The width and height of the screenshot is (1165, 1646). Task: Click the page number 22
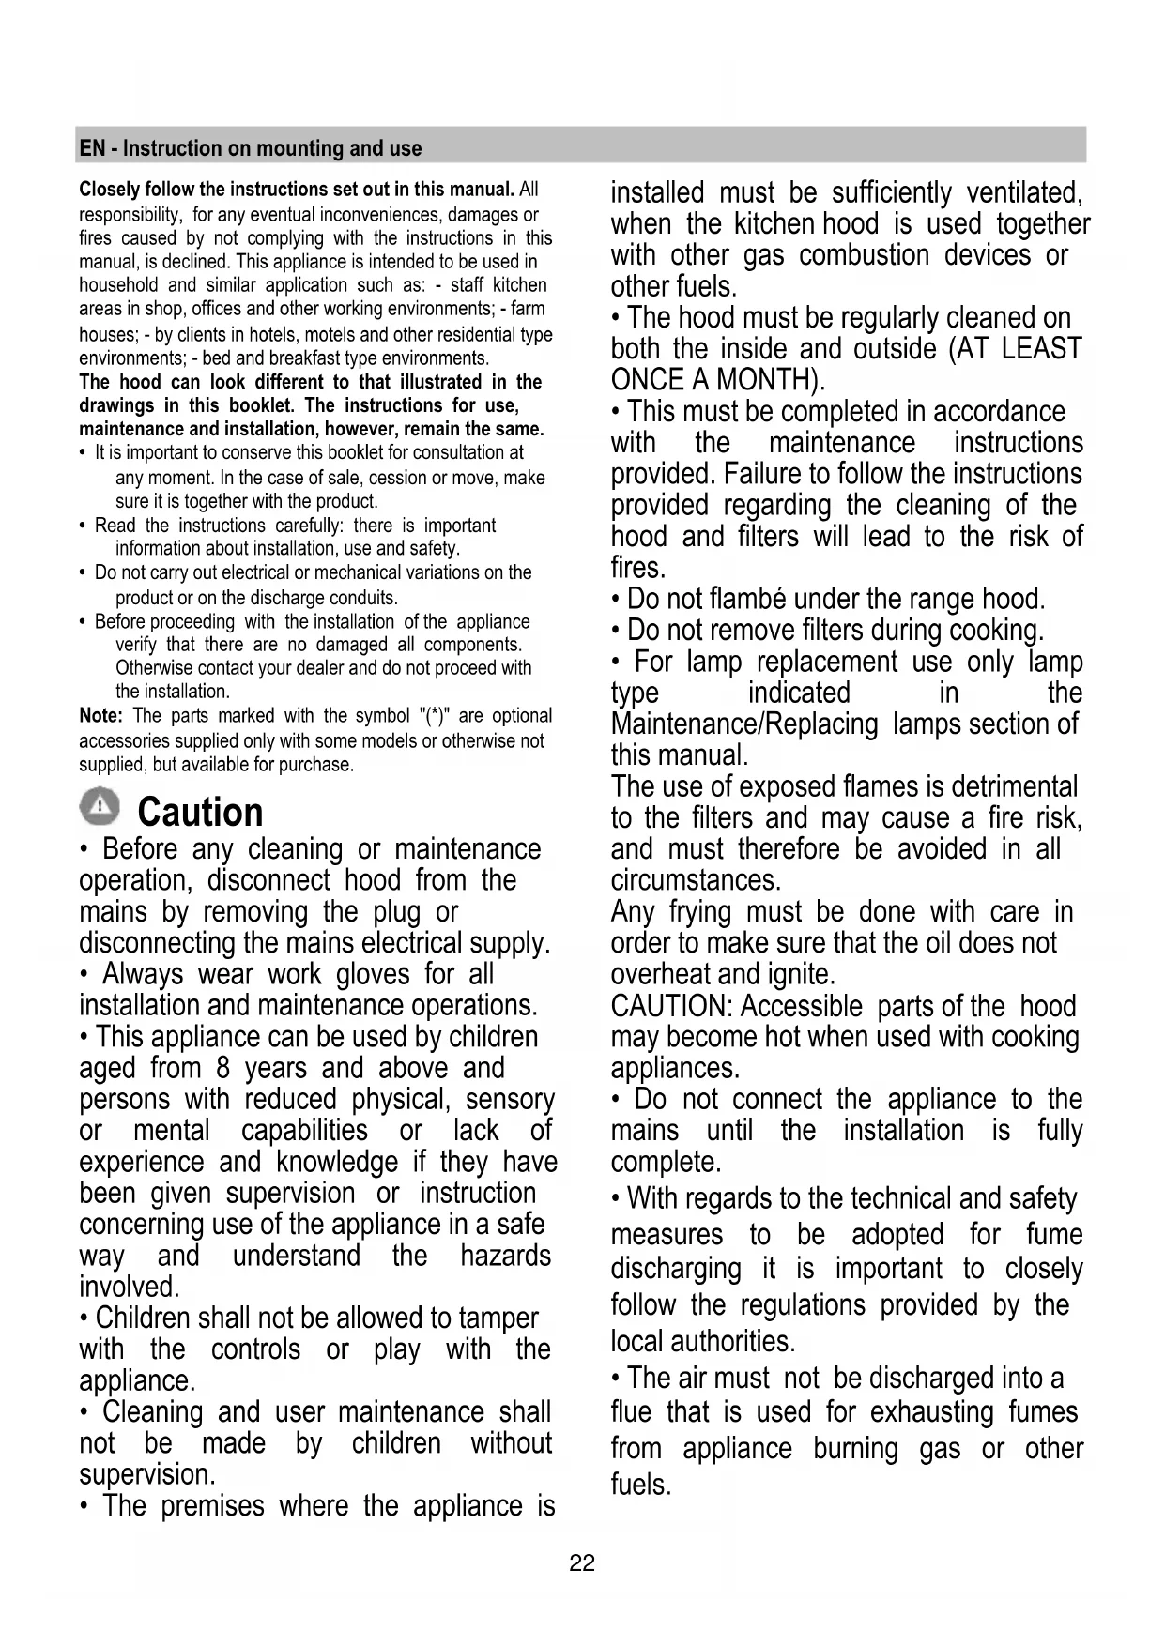(x=582, y=1562)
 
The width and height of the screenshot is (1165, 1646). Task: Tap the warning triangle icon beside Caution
(x=100, y=807)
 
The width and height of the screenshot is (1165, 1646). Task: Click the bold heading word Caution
(x=200, y=813)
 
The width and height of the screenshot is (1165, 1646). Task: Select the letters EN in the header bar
(x=92, y=148)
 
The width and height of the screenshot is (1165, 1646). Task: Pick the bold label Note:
(x=100, y=716)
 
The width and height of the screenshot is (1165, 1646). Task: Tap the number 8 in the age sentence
(x=222, y=1068)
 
